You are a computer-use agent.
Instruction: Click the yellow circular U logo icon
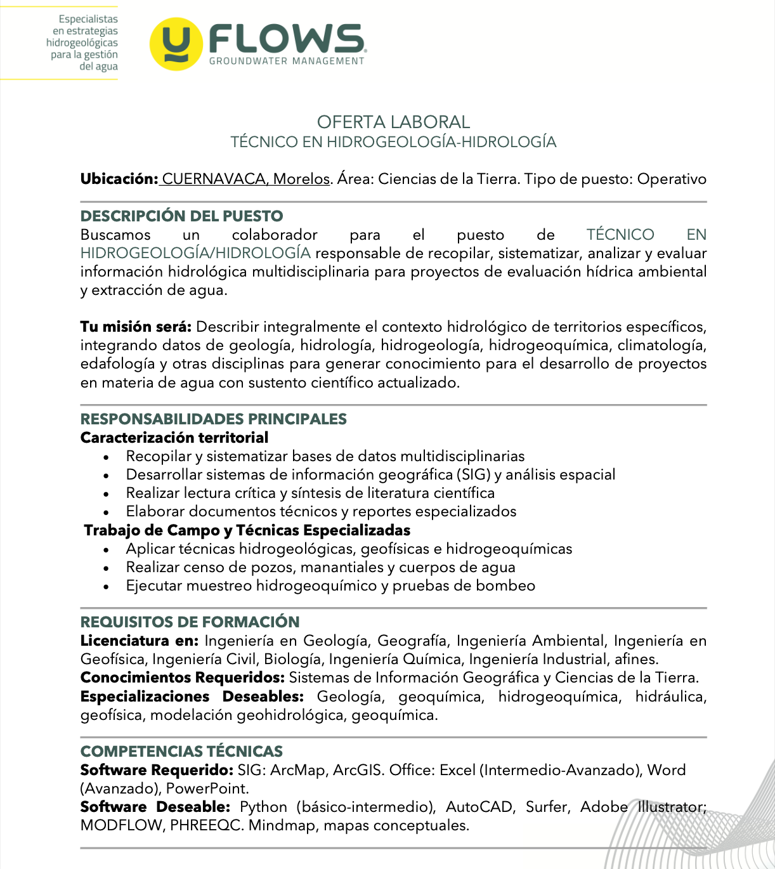[x=176, y=44]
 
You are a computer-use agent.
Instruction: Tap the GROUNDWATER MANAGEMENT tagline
[x=287, y=61]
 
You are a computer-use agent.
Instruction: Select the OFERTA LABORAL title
[x=393, y=122]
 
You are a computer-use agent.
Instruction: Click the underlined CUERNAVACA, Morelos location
[x=245, y=179]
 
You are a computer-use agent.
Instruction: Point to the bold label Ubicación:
[x=119, y=179]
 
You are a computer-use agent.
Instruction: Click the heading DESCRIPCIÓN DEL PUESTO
[x=181, y=216]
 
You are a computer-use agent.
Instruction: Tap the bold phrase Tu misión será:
[x=135, y=327]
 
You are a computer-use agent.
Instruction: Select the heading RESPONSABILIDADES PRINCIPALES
[x=213, y=419]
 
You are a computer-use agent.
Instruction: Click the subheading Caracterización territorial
[x=174, y=438]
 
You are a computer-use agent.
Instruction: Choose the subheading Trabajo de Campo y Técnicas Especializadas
[x=247, y=530]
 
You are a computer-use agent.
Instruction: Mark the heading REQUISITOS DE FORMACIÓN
[x=190, y=622]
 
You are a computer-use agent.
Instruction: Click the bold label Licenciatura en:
[x=139, y=641]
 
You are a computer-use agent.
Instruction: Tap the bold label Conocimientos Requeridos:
[x=182, y=677]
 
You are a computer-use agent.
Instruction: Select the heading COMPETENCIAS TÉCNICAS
[x=181, y=751]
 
